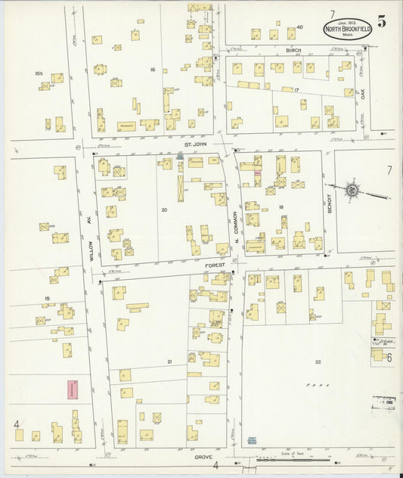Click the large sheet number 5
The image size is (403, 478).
382,22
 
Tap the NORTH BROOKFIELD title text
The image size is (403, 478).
347,29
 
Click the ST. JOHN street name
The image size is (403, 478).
197,144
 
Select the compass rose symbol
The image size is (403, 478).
351,189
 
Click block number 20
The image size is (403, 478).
163,210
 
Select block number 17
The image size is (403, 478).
297,91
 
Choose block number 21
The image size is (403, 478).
169,362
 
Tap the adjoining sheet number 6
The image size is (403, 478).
389,358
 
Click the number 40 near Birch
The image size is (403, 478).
299,27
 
